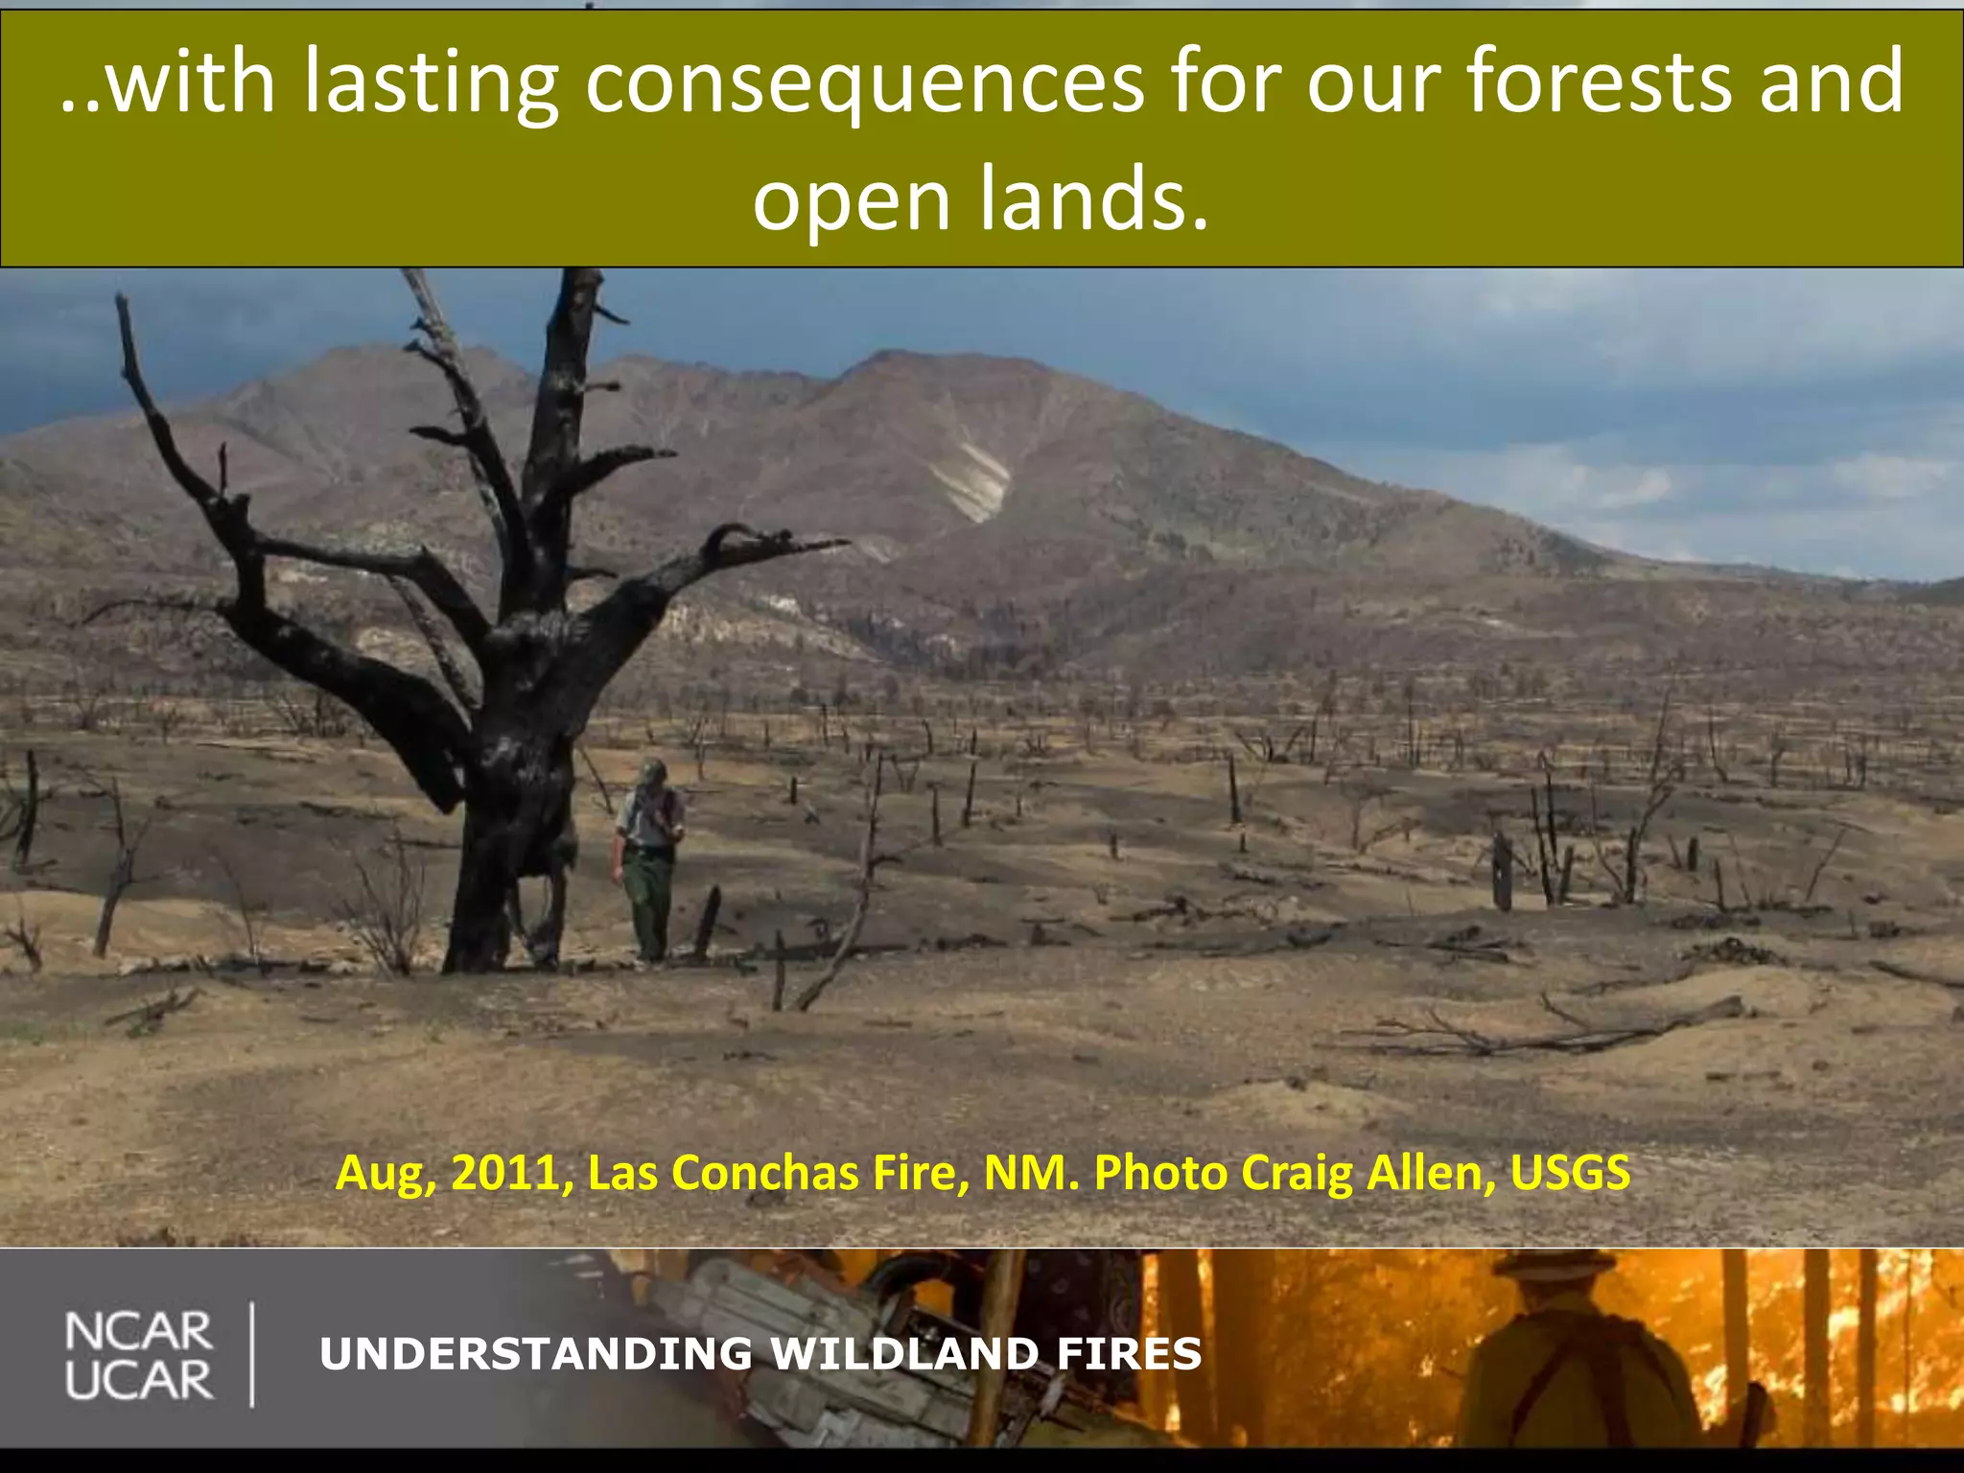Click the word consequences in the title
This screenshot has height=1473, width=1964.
pyautogui.click(x=864, y=84)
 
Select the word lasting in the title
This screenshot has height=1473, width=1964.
pyautogui.click(x=431, y=84)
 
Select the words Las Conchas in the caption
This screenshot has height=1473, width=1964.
pyautogui.click(x=723, y=1173)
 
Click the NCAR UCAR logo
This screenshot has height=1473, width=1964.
pyautogui.click(x=139, y=1356)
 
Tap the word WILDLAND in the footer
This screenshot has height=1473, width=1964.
pyautogui.click(x=905, y=1354)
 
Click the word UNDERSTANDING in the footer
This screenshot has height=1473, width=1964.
pyautogui.click(x=537, y=1354)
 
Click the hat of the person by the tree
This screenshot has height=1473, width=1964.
pyautogui.click(x=652, y=770)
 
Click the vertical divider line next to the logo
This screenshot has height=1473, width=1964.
pyautogui.click(x=252, y=1354)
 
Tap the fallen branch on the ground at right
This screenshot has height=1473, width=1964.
pyautogui.click(x=1573, y=1031)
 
